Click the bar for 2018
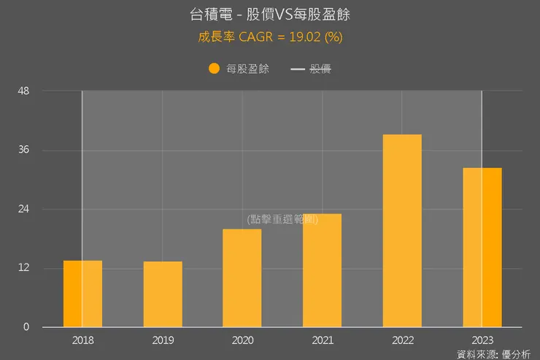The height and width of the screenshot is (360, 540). (82, 294)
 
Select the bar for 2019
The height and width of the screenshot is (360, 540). (163, 294)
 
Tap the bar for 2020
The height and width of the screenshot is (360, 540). (242, 278)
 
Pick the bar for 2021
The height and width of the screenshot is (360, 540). (322, 270)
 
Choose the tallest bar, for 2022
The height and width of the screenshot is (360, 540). (402, 231)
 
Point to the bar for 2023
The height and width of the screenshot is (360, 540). (482, 248)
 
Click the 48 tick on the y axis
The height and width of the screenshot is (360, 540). (23, 91)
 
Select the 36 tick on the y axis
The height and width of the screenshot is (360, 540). (23, 150)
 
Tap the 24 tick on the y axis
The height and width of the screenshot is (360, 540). (23, 210)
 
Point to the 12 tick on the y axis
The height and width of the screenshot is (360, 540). (23, 268)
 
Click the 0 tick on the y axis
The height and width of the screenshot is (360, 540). (26, 327)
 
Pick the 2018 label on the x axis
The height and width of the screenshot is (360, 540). (82, 340)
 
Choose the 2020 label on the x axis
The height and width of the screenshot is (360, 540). (242, 340)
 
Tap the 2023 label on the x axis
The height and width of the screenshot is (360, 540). (482, 340)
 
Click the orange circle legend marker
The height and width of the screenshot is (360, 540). (214, 69)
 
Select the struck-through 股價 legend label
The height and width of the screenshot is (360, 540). (321, 69)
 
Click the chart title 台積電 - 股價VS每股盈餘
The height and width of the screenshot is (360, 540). (270, 15)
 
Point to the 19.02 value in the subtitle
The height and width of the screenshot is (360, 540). (306, 37)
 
